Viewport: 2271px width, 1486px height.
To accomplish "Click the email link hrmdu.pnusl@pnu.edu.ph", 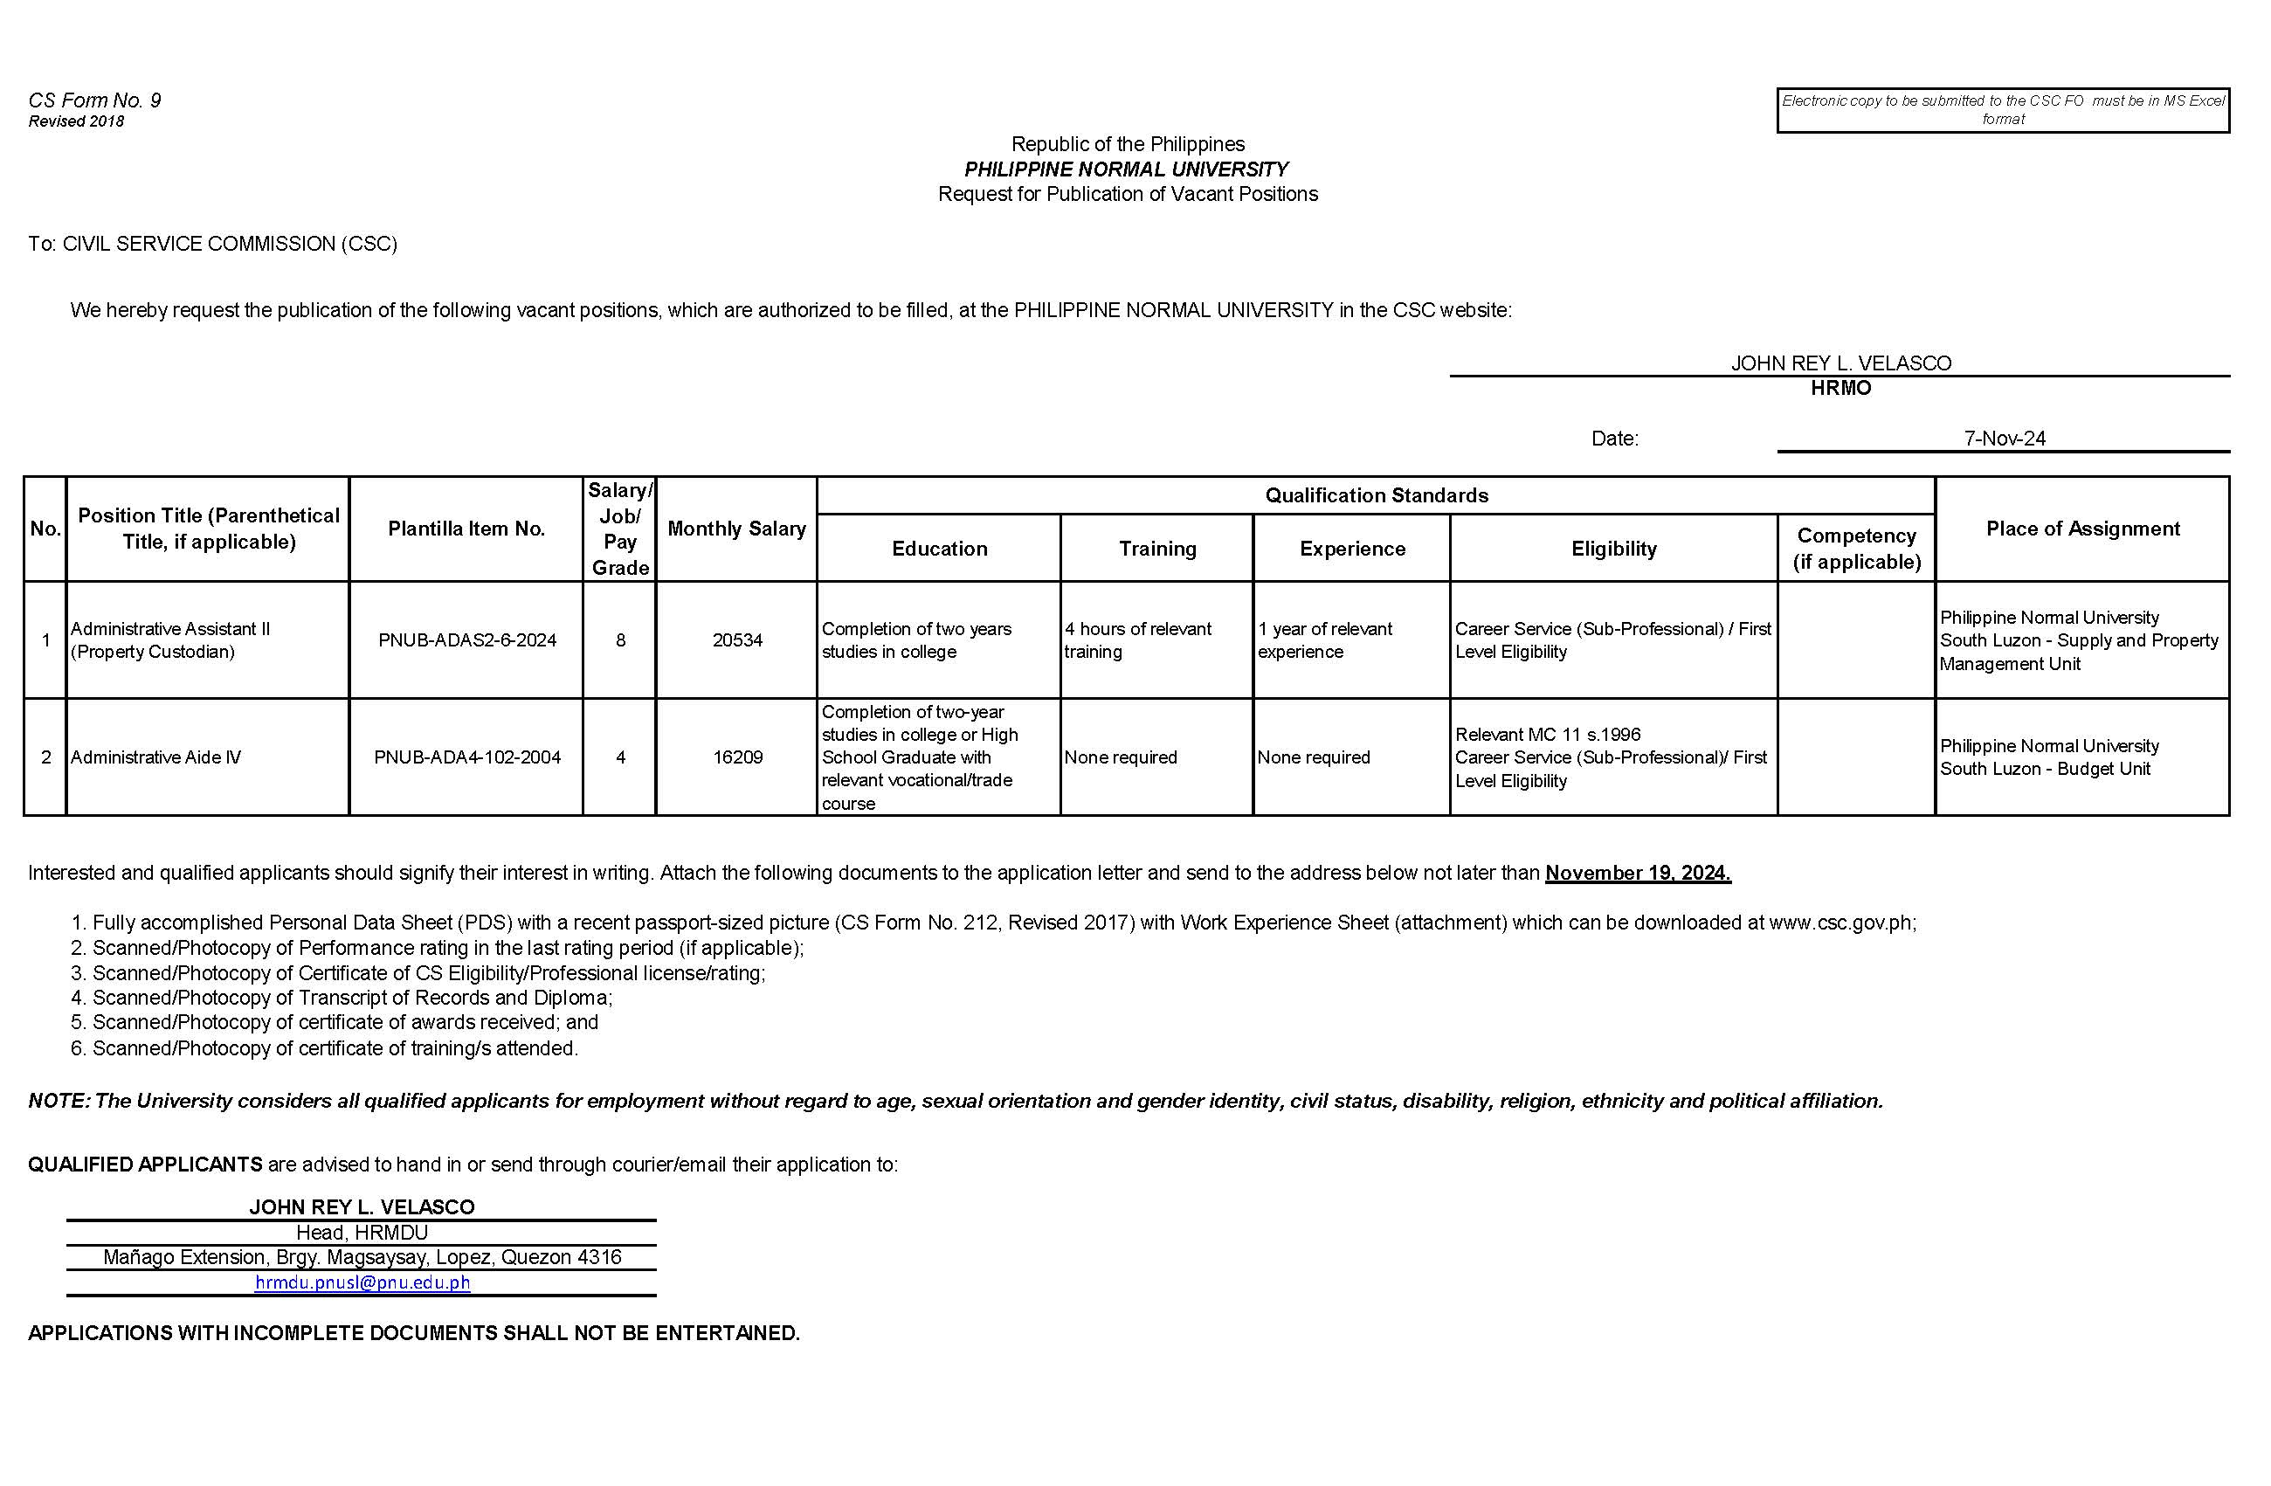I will click(x=362, y=1282).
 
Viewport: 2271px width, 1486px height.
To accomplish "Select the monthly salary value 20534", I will click(x=736, y=640).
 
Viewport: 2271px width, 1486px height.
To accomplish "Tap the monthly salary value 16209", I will click(x=736, y=757).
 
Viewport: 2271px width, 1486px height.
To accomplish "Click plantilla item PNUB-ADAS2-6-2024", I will click(x=466, y=640).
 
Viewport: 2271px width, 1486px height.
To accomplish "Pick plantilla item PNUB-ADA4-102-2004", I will click(x=466, y=757).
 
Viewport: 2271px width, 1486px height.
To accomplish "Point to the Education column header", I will click(x=939, y=549).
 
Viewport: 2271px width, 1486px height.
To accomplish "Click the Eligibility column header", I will click(x=1612, y=549).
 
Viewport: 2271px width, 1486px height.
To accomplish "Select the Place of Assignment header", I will click(x=2082, y=529).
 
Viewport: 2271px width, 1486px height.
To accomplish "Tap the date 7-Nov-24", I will click(x=2004, y=438).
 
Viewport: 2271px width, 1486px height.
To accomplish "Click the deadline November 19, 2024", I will click(x=1638, y=873).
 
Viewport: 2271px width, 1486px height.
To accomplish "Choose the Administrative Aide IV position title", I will click(x=155, y=757).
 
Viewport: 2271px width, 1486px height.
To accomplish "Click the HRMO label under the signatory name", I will click(x=1840, y=388).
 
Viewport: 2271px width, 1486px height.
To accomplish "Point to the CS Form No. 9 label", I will click(x=94, y=100).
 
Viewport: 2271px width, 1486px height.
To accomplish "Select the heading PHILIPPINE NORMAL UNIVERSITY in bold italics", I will click(x=1126, y=169).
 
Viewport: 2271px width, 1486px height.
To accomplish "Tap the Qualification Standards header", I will click(x=1376, y=495).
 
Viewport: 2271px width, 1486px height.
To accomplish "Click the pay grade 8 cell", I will click(x=620, y=640).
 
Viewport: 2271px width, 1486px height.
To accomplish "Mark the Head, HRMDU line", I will click(x=362, y=1232).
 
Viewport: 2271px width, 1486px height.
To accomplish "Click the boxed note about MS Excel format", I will click(x=2002, y=110).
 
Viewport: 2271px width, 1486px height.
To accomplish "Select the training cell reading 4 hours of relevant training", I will click(x=1137, y=640).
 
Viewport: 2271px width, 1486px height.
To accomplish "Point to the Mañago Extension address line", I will click(x=362, y=1257).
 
